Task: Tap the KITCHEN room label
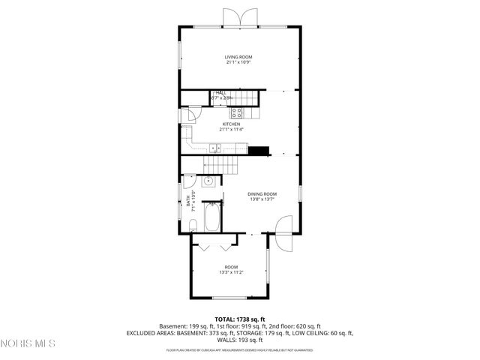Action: click(x=230, y=124)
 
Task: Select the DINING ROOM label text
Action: click(x=262, y=194)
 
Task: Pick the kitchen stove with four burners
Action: click(x=237, y=113)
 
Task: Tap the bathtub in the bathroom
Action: click(x=212, y=217)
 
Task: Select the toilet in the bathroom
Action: click(x=193, y=223)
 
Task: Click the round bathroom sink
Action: click(x=208, y=181)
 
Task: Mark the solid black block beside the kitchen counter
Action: click(x=258, y=150)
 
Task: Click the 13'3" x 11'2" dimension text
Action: click(x=231, y=272)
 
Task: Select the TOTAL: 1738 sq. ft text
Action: click(x=240, y=319)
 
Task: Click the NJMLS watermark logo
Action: click(x=28, y=344)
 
